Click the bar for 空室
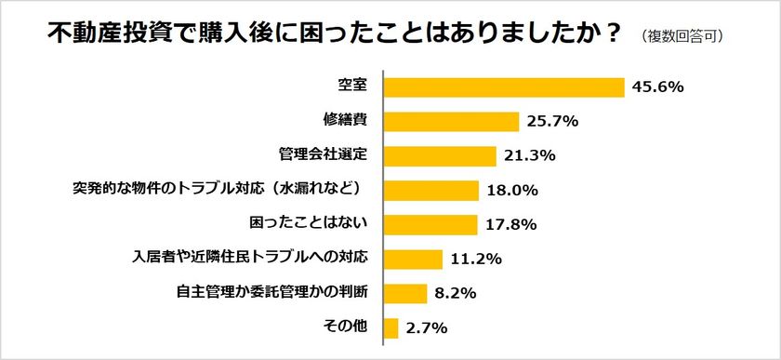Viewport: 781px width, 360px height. coord(503,87)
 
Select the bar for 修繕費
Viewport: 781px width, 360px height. coord(451,121)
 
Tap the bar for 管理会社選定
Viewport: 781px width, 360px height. coord(440,155)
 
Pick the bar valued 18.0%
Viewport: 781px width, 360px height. coord(430,190)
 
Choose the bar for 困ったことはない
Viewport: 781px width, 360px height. coord(430,224)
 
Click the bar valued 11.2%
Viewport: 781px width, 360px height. coord(413,259)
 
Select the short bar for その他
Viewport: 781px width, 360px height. coord(390,327)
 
